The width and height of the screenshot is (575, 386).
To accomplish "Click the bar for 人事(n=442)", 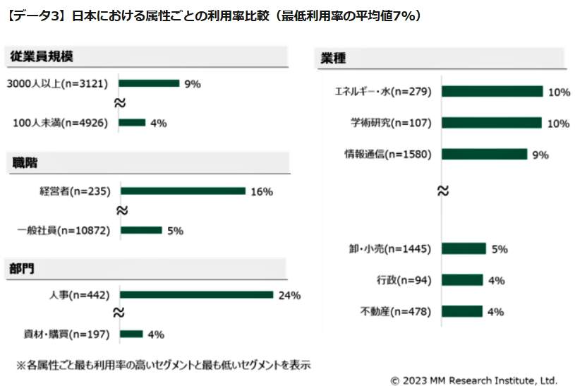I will [197, 295].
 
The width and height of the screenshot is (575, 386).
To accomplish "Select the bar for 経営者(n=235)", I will [183, 191].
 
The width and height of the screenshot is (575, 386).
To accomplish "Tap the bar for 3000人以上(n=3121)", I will [149, 83].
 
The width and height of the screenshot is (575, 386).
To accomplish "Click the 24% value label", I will [289, 295].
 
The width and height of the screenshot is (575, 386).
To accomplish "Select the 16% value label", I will [261, 191].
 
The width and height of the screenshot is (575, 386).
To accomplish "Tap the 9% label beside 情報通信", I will [540, 155].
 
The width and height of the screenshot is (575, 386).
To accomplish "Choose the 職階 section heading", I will [25, 163].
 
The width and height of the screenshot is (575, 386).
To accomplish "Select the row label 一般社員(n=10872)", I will [63, 230].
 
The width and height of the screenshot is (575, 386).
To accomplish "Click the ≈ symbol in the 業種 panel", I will [443, 191].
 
